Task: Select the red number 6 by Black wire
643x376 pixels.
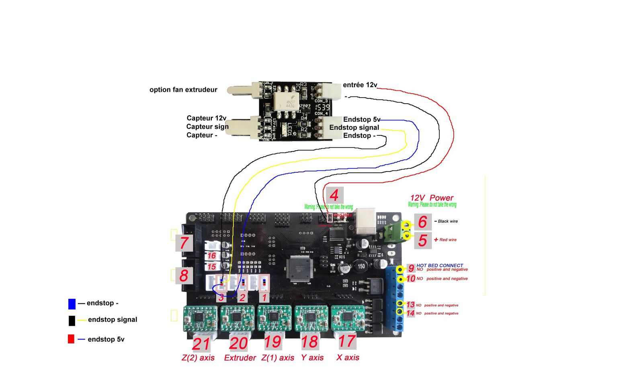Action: pyautogui.click(x=422, y=222)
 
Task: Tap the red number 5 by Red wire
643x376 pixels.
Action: pyautogui.click(x=422, y=240)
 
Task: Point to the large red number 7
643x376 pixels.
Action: pyautogui.click(x=184, y=243)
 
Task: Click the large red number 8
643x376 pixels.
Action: pyautogui.click(x=184, y=276)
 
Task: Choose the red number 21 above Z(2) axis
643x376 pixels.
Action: pyautogui.click(x=201, y=344)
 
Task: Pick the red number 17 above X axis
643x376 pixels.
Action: pyautogui.click(x=347, y=341)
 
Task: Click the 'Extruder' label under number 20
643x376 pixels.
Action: pyautogui.click(x=240, y=358)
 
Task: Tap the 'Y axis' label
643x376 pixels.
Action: pyautogui.click(x=312, y=358)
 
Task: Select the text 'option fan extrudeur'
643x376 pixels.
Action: pyautogui.click(x=183, y=90)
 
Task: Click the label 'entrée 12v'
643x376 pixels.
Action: pyautogui.click(x=360, y=85)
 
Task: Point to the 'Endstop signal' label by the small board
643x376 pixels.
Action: pyautogui.click(x=354, y=127)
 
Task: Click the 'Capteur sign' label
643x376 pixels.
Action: pyautogui.click(x=207, y=127)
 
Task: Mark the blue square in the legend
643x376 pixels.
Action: pyautogui.click(x=72, y=304)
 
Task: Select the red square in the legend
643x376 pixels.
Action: pyautogui.click(x=71, y=339)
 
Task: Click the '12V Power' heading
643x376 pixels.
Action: pyautogui.click(x=432, y=198)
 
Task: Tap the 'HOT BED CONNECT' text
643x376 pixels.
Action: pyautogui.click(x=440, y=266)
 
